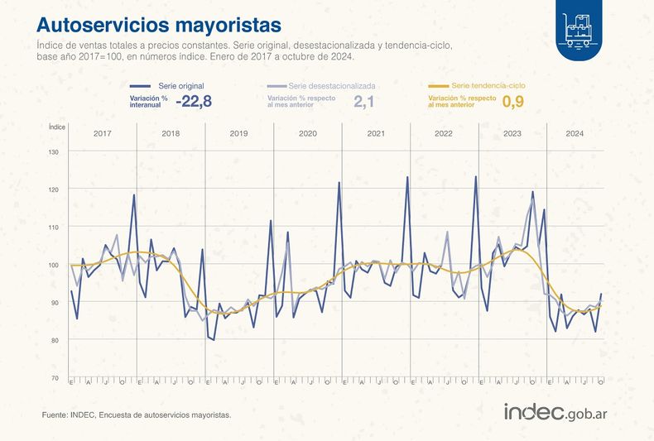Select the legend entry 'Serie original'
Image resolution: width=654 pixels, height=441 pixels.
point(180,86)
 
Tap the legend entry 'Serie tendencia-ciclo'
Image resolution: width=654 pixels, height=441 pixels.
point(488,86)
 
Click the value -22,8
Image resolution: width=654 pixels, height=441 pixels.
point(193,102)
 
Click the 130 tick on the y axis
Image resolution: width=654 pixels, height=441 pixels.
point(54,152)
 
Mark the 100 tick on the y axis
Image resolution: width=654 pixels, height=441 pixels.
point(54,265)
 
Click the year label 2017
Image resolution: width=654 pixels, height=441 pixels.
point(103,134)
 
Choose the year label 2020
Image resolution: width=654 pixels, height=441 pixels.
point(307,134)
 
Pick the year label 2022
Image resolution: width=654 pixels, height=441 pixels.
point(444,134)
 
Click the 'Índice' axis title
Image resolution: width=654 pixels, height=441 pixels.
point(56,127)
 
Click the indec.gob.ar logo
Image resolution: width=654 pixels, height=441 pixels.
point(555,412)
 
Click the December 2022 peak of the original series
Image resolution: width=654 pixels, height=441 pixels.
point(475,176)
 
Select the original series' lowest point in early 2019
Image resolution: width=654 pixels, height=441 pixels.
point(214,339)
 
